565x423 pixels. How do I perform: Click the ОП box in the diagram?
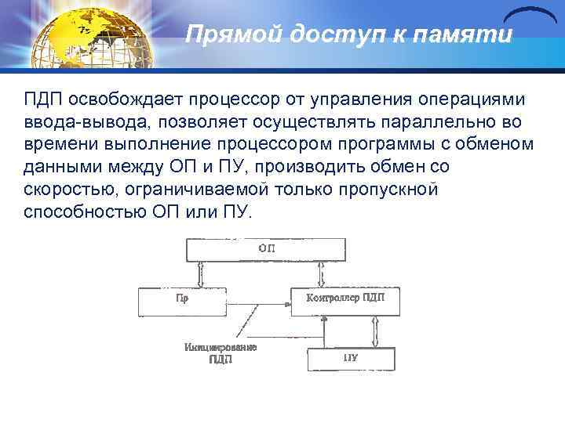pos(265,249)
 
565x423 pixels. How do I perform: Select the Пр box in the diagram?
pos(182,301)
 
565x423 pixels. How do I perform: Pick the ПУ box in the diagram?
pos(350,359)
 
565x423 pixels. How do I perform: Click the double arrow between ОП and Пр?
pos(202,274)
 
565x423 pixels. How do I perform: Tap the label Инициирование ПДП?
pos(221,353)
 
